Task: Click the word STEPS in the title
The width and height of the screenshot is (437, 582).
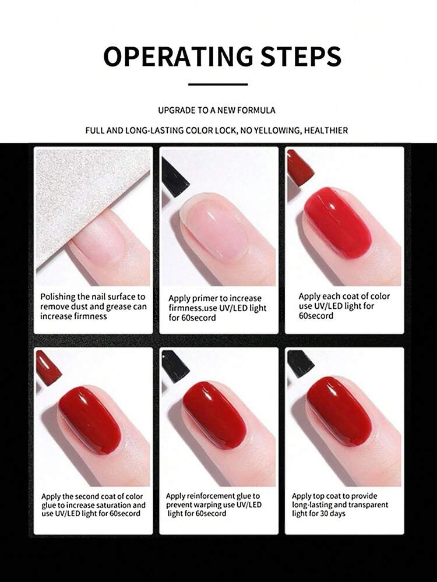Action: click(301, 57)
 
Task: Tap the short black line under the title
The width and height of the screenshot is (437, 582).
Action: click(218, 84)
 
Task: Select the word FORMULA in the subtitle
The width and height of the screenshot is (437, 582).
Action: click(256, 110)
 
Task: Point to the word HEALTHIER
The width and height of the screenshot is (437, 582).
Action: click(326, 130)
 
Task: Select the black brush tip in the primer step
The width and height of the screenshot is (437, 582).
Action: click(174, 178)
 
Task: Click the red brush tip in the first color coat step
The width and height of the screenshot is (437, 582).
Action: click(300, 168)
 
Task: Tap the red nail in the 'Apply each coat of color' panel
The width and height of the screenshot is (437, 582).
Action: click(338, 223)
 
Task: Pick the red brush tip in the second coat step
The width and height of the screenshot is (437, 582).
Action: click(48, 368)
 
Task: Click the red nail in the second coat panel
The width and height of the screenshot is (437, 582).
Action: click(90, 420)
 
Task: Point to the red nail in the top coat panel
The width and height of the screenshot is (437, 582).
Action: click(339, 411)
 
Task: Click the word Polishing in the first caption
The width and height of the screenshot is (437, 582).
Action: click(58, 297)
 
